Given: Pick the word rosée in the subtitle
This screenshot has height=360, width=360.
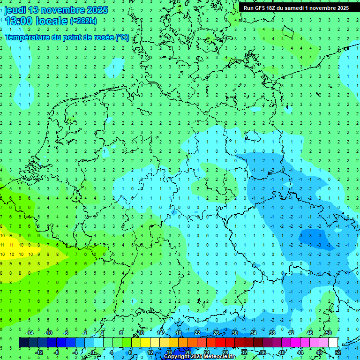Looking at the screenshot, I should point(104,37).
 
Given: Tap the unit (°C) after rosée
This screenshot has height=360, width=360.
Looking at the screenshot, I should point(122,37).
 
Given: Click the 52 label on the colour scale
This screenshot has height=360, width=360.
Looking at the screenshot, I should point(337,352).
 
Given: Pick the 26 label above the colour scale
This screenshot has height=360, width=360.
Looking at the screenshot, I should point(216,333).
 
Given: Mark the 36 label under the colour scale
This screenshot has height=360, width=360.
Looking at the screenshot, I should point(262,352).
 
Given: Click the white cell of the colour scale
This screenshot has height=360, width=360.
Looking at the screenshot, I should point(333,343).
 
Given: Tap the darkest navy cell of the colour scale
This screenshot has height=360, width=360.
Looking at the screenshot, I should point(23,343).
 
